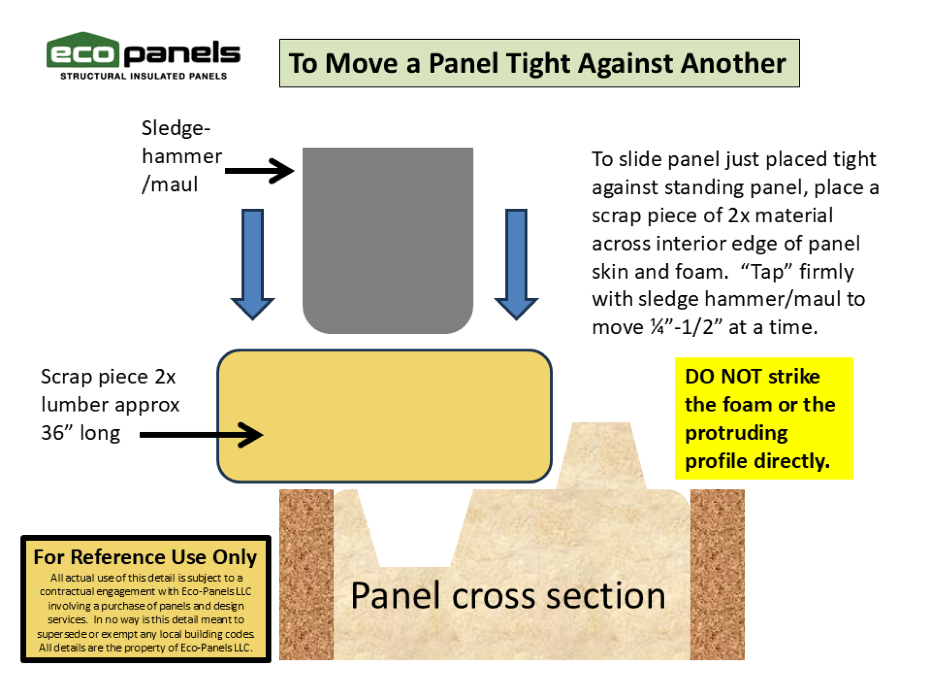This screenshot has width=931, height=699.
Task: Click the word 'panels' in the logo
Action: pyautogui.click(x=182, y=53)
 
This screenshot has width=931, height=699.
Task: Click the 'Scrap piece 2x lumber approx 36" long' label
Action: pyautogui.click(x=110, y=404)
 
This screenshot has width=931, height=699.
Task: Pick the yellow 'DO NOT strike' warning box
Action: pyautogui.click(x=763, y=418)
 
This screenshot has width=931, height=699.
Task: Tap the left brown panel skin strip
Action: pyautogui.click(x=306, y=574)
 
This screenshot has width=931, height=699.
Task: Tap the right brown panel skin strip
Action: pyautogui.click(x=717, y=574)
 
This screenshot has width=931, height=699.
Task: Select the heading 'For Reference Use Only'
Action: pyautogui.click(x=145, y=557)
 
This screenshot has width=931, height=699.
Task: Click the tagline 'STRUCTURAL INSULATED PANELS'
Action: pyautogui.click(x=143, y=76)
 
